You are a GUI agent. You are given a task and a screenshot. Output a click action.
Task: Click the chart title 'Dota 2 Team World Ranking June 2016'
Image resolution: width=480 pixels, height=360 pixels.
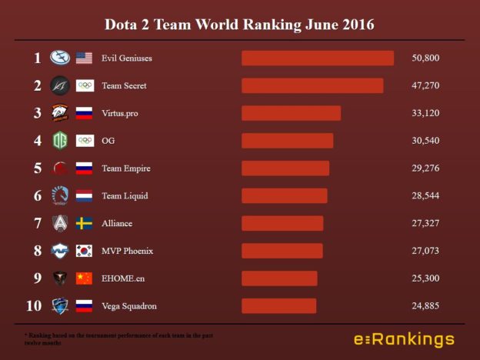240,25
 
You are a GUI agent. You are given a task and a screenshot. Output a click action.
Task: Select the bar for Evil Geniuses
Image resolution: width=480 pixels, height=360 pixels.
317,58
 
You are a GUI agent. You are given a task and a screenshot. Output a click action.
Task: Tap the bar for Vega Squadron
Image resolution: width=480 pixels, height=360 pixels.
278,306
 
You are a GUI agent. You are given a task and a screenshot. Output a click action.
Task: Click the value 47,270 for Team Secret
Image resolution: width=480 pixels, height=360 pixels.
425,86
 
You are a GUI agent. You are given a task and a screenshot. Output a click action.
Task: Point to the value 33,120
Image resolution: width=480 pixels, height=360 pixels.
425,114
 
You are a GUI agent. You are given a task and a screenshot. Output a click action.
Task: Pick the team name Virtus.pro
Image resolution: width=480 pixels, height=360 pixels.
119,114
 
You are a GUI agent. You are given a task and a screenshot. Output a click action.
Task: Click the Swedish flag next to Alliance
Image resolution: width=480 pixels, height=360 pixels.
84,224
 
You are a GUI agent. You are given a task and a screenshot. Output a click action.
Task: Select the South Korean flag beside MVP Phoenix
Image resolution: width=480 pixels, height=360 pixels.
84,252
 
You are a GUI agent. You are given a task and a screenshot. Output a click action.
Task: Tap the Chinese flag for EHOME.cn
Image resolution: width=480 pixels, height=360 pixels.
84,278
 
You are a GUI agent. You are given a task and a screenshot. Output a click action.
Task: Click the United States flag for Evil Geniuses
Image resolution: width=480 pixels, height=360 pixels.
84,58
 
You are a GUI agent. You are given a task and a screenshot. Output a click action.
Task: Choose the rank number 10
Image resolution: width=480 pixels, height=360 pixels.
34,306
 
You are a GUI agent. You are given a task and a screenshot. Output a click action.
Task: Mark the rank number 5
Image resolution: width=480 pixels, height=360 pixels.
37,168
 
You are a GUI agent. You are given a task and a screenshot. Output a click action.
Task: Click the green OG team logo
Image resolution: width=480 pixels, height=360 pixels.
60,141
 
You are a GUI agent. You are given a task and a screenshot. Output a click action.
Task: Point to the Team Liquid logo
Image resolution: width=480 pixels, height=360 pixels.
60,196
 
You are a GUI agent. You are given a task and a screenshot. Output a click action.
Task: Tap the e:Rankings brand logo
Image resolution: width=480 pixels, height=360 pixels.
404,339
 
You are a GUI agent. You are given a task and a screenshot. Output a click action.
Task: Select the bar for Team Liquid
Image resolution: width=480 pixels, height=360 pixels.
284,196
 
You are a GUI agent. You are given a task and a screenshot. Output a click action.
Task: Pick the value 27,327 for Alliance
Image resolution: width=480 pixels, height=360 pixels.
425,224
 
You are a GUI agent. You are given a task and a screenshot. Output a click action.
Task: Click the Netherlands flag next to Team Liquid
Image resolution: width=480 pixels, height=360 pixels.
84,196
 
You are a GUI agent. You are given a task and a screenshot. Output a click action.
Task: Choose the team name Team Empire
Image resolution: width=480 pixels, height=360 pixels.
125,168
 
